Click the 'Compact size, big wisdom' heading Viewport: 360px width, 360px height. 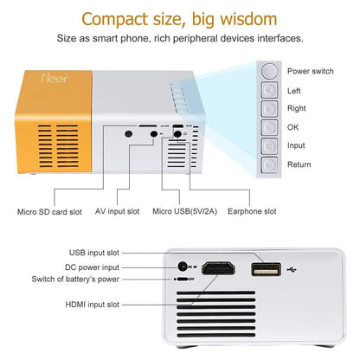click(x=179, y=17)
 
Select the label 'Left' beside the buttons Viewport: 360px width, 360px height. click(x=295, y=90)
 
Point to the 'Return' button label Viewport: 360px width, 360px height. click(x=299, y=164)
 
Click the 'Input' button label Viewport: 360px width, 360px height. click(x=297, y=145)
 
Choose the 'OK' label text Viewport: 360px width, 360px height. click(x=293, y=127)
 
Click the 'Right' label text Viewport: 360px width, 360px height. click(x=297, y=108)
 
